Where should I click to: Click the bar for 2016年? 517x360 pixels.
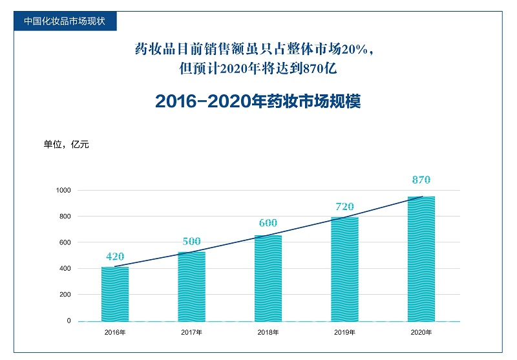(x=115, y=294)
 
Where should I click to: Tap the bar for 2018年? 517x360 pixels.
(x=268, y=278)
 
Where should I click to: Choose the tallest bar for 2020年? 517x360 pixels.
(x=421, y=259)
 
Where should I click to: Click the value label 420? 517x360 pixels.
(x=115, y=257)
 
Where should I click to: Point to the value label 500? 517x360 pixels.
(x=191, y=242)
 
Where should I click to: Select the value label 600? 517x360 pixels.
(x=268, y=224)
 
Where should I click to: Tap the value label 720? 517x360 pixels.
(x=344, y=207)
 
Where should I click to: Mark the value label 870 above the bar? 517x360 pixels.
(x=421, y=180)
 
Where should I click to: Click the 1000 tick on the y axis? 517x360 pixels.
(x=63, y=190)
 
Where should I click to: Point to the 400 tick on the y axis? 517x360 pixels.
(x=65, y=268)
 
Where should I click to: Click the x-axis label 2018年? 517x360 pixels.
(x=268, y=332)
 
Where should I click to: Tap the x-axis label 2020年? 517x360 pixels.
(x=421, y=332)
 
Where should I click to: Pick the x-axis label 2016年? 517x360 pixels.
(x=115, y=332)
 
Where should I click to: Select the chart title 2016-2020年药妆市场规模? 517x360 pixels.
(x=258, y=102)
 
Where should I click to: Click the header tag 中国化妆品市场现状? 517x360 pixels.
(x=65, y=20)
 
